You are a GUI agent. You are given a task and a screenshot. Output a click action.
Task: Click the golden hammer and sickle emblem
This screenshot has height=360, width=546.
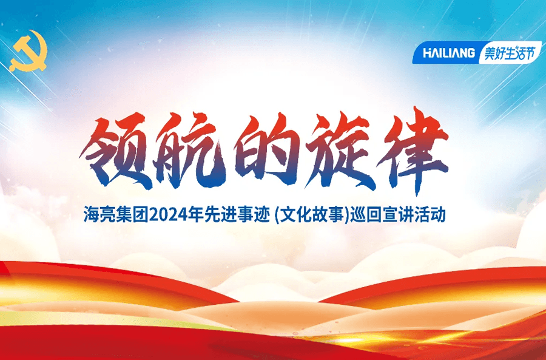[x=29, y=51]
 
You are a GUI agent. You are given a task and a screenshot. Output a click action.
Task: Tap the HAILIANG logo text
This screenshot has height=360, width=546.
[x=449, y=53]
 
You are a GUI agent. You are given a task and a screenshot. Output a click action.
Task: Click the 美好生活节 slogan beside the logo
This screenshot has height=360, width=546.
[x=509, y=53]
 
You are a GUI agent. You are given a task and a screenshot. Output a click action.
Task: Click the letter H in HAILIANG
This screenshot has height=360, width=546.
[x=427, y=53]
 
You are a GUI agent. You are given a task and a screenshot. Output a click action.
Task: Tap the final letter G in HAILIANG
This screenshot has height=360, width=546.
[x=470, y=53]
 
